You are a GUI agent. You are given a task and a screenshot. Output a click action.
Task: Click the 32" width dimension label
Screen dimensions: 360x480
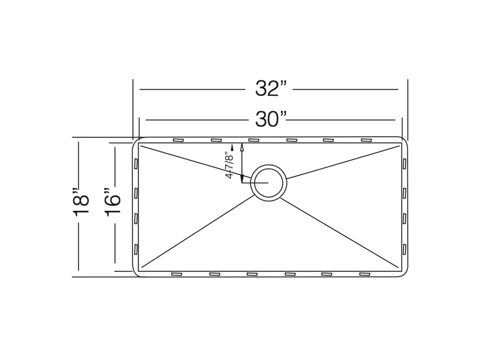tap(271, 89)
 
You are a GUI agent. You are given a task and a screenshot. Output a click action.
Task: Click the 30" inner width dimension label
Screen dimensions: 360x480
tap(271, 119)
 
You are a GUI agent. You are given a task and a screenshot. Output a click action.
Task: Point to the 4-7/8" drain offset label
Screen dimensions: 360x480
tap(230, 165)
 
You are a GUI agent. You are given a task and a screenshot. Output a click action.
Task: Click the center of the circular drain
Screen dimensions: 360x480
tap(269, 182)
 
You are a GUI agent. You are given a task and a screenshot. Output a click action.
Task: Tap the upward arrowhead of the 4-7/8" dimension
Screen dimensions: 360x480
tap(242, 147)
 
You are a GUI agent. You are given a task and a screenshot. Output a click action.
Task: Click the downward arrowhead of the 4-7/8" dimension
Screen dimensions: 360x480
tap(242, 179)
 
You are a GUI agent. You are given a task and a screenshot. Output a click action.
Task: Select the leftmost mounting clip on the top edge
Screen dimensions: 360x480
tap(178, 140)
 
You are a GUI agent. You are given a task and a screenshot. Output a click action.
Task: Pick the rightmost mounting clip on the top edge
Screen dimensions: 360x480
tap(366, 140)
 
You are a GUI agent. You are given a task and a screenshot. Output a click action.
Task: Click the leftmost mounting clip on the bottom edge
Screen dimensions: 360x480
tap(177, 274)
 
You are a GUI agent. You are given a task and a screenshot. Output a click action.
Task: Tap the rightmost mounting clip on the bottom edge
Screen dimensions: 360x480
tap(365, 274)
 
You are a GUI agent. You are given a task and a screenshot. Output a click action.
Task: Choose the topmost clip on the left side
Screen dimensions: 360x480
tap(136, 163)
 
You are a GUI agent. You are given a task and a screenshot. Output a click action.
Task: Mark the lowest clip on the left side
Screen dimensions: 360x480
tap(136, 249)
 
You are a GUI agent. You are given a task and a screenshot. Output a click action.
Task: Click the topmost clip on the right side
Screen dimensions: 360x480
tap(405, 163)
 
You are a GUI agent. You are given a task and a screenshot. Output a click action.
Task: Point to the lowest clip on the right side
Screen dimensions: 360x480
tap(405, 249)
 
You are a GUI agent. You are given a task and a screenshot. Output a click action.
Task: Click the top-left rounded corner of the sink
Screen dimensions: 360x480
tap(136, 142)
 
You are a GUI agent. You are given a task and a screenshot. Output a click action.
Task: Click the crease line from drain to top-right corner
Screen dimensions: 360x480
tap(344, 162)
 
